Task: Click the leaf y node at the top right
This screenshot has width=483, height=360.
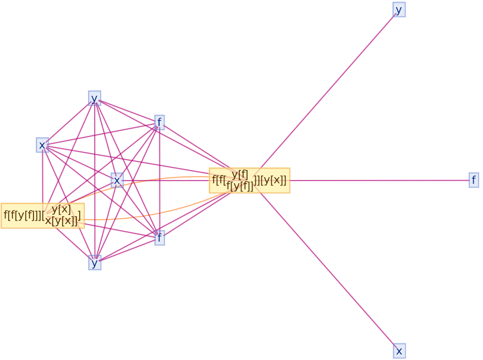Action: pyautogui.click(x=399, y=10)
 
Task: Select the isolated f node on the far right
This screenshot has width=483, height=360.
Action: pyautogui.click(x=474, y=180)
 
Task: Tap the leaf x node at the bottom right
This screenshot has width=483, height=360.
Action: pyautogui.click(x=399, y=351)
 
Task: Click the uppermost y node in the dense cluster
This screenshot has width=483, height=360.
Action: pyautogui.click(x=95, y=99)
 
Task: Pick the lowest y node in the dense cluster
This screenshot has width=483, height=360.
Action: pyautogui.click(x=95, y=263)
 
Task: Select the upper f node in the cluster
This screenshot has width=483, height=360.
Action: pyautogui.click(x=160, y=122)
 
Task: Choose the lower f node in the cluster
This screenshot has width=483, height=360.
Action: pyautogui.click(x=160, y=238)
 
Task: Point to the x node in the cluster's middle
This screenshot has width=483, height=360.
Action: pyautogui.click(x=117, y=180)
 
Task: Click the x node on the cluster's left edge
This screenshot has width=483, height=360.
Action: pyautogui.click(x=42, y=145)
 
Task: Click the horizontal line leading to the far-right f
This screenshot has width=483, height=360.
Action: pyautogui.click(x=380, y=180)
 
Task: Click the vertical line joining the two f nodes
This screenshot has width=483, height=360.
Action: pyautogui.click(x=160, y=182)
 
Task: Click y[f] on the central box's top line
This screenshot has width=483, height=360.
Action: pyautogui.click(x=240, y=174)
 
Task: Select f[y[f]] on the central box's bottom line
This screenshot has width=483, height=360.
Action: pyautogui.click(x=240, y=186)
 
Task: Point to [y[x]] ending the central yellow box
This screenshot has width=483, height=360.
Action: pyautogui.click(x=273, y=180)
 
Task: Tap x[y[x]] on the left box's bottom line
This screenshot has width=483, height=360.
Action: pyautogui.click(x=61, y=221)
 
